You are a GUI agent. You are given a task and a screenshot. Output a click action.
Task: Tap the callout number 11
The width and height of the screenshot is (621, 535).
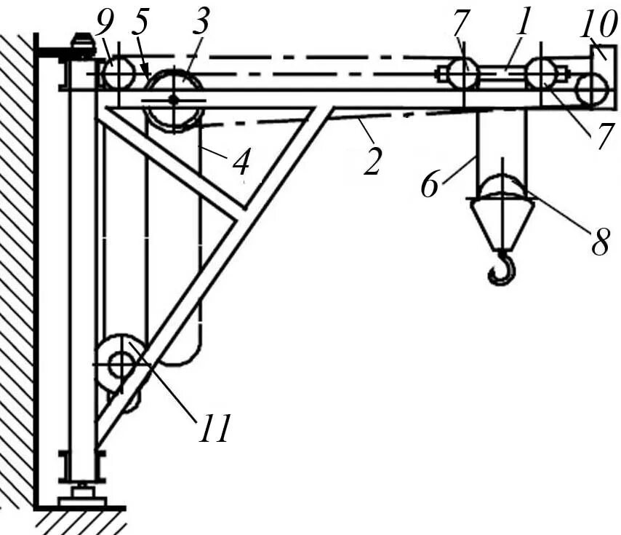[x=212, y=429]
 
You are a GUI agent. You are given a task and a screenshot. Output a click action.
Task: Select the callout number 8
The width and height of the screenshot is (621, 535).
[x=600, y=243]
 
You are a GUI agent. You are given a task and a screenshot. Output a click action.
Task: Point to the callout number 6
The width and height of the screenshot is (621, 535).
[x=430, y=184]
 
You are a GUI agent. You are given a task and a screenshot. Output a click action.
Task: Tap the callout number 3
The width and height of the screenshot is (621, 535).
[x=201, y=21]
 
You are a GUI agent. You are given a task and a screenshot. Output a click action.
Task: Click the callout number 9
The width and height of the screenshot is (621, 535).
[x=106, y=26]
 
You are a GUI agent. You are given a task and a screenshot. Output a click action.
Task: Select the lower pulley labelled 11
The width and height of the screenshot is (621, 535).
[x=121, y=362]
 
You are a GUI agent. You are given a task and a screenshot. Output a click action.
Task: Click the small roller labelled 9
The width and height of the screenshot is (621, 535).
[x=118, y=74]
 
